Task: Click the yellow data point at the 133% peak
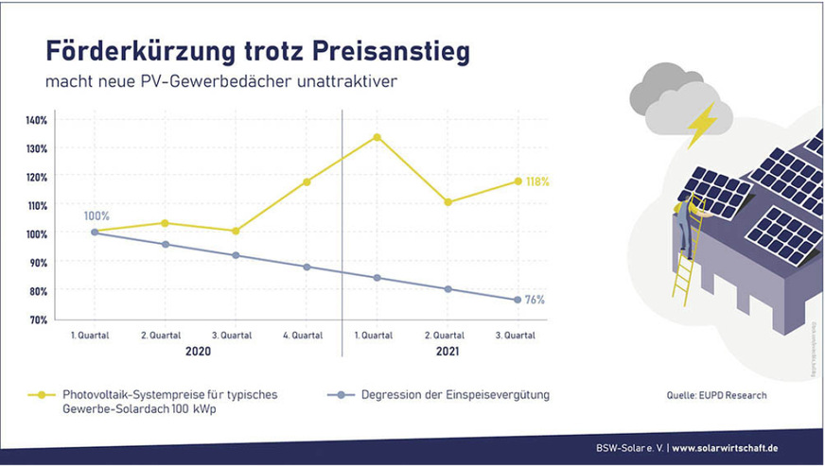377,137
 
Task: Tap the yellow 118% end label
537,181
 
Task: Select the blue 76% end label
535,300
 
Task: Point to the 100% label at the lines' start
97,216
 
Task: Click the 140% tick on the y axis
36,120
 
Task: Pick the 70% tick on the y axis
36,319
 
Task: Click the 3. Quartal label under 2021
517,335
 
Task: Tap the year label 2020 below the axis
200,351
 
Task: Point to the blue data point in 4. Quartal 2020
307,267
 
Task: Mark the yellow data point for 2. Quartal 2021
448,201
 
